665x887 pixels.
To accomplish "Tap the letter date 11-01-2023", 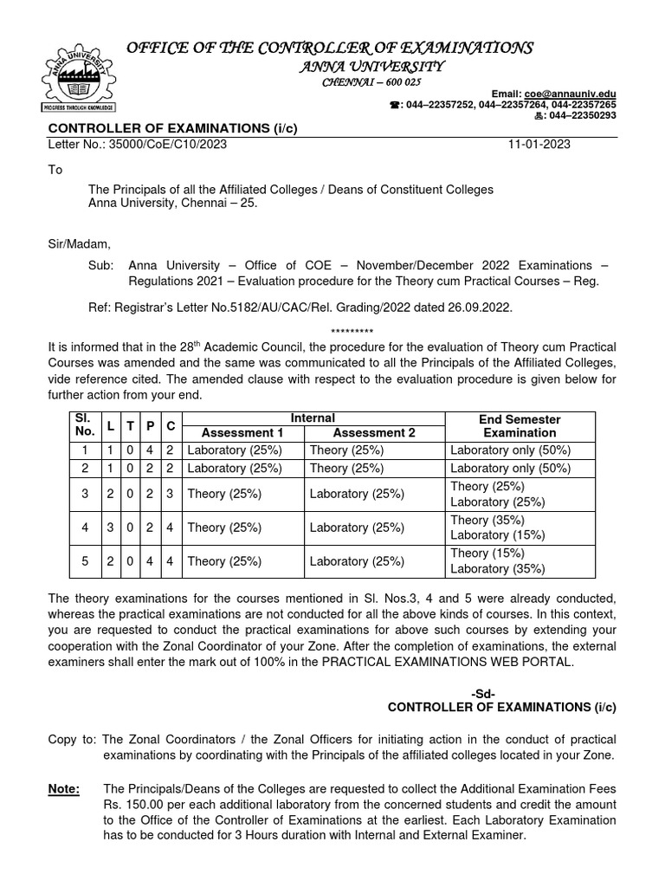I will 539,145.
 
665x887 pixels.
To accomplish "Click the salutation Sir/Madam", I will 80,243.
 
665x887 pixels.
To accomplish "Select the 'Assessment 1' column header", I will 242,433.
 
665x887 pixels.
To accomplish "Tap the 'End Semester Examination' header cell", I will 520,425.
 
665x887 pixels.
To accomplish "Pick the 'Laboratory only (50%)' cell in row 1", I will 510,450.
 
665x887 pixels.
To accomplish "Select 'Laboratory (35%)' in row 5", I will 497,569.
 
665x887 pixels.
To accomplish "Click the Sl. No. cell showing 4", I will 85,528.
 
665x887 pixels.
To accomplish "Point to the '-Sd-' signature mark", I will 484,694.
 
